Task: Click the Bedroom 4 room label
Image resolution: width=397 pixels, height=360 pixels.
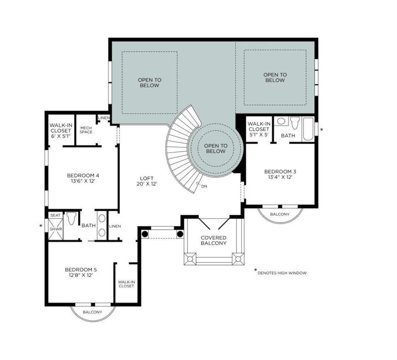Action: pyautogui.click(x=83, y=178)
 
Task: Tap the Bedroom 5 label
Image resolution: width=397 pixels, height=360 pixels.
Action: pyautogui.click(x=81, y=272)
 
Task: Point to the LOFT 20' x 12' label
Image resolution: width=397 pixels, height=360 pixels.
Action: pyautogui.click(x=147, y=181)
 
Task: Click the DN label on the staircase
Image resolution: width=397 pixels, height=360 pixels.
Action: pyautogui.click(x=204, y=186)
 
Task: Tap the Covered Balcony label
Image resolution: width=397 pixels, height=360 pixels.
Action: pyautogui.click(x=214, y=240)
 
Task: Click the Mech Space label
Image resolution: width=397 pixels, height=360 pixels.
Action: pyautogui.click(x=86, y=130)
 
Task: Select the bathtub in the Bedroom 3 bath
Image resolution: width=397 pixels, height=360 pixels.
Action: pyautogui.click(x=308, y=129)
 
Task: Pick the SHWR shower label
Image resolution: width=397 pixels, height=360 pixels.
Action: pyautogui.click(x=55, y=229)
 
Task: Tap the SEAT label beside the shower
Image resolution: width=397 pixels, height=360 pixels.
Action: pyautogui.click(x=55, y=215)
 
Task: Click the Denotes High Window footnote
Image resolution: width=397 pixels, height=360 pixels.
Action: pyautogui.click(x=282, y=273)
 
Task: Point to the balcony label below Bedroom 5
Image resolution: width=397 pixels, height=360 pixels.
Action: pyautogui.click(x=92, y=312)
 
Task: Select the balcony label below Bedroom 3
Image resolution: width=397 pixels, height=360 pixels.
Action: pyautogui.click(x=279, y=214)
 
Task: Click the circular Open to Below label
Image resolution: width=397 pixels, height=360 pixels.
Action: pyautogui.click(x=216, y=148)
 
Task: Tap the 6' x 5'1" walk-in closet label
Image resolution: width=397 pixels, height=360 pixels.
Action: pyautogui.click(x=60, y=130)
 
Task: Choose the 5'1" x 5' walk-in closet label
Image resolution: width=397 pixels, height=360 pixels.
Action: pyautogui.click(x=259, y=129)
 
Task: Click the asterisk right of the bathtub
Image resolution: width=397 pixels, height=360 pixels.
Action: pyautogui.click(x=322, y=130)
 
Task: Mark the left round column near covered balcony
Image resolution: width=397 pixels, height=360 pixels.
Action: pyautogui.click(x=145, y=234)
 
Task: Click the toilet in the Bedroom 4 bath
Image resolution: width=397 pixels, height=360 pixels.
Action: pyautogui.click(x=72, y=219)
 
